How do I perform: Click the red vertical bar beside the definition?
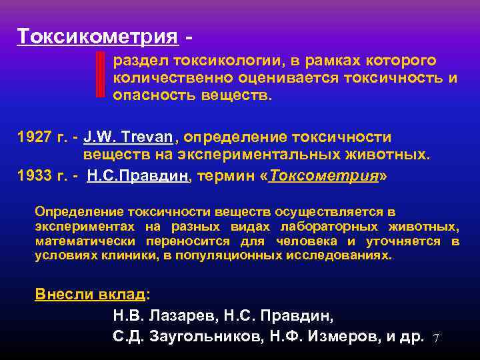[101, 74]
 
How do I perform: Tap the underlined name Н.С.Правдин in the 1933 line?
[139, 176]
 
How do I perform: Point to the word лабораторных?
[317, 227]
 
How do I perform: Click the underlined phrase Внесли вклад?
[90, 295]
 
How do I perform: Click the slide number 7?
[437, 338]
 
